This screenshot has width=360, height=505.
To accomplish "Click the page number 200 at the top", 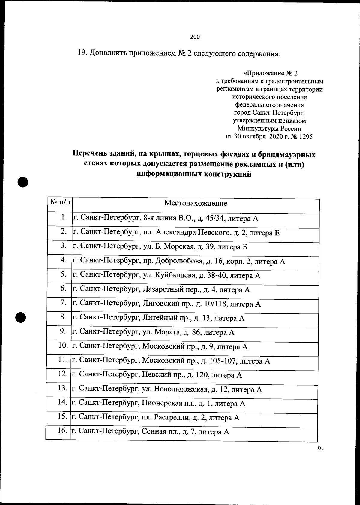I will click(195, 37).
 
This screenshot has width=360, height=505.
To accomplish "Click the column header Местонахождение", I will click(196, 203).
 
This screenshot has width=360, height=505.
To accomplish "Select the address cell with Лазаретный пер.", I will click(161, 290).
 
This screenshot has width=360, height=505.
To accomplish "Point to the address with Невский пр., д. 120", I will click(157, 375).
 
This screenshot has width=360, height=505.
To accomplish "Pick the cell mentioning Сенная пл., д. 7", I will click(151, 432).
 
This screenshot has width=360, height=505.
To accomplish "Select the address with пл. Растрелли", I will click(156, 418).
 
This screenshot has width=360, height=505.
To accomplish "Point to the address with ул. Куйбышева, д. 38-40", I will click(166, 276).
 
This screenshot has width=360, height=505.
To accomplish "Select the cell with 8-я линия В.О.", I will click(165, 219).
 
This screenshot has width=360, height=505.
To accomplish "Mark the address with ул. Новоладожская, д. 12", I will click(167, 390).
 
